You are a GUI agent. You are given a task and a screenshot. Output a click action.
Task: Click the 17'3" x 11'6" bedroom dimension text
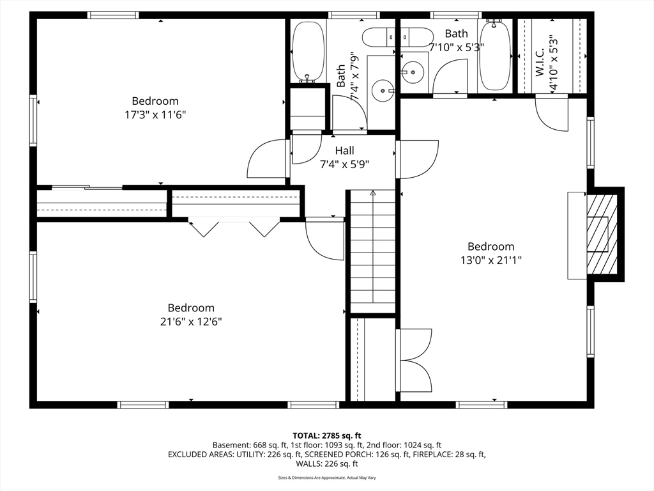pyautogui.click(x=155, y=114)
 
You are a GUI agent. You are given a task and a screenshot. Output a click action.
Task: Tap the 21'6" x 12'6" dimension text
pyautogui.click(x=191, y=322)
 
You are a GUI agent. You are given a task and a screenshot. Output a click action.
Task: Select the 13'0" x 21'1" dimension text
pyautogui.click(x=491, y=260)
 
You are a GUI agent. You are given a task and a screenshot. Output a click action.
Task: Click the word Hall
pyautogui.click(x=344, y=150)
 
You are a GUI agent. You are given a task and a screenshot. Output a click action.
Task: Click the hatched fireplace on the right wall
pyautogui.click(x=602, y=234)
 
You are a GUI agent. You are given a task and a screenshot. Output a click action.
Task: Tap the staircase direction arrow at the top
pyautogui.click(x=372, y=193)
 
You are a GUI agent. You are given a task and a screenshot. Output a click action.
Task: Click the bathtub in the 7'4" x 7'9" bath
pyautogui.click(x=308, y=51)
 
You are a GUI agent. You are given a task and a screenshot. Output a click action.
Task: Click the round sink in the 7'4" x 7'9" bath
pyautogui.click(x=383, y=90)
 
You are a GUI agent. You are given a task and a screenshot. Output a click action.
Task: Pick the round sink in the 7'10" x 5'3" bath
pyautogui.click(x=413, y=72)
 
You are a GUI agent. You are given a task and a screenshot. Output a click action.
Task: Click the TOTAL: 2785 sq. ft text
pyautogui.click(x=326, y=436)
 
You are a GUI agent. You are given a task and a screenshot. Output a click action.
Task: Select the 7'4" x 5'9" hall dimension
pyautogui.click(x=344, y=164)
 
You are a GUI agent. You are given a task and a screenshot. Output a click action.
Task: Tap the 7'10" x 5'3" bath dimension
pyautogui.click(x=457, y=47)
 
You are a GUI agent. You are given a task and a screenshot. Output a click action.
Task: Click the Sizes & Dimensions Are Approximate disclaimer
pyautogui.click(x=327, y=478)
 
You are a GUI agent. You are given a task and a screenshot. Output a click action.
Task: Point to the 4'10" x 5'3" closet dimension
pyautogui.click(x=554, y=62)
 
